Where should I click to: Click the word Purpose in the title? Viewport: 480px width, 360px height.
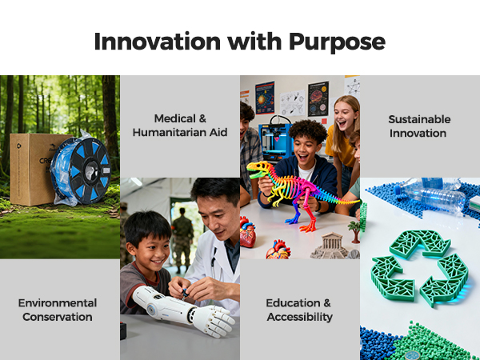(337, 42)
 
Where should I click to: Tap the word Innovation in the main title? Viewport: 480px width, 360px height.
(158, 42)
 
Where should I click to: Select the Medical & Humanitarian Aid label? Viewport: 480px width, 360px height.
(180, 126)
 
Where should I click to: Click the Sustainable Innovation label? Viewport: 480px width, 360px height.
(419, 126)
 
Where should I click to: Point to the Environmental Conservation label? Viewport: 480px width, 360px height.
(58, 310)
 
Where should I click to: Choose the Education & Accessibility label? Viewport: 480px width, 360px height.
(299, 310)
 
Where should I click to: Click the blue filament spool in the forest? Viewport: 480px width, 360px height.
(81, 170)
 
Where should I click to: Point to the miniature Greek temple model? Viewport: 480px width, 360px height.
(330, 246)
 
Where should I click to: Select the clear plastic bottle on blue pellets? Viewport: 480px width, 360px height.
(432, 196)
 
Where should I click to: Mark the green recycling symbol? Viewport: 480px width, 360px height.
(419, 268)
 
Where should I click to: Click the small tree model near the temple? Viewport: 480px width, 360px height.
(354, 231)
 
